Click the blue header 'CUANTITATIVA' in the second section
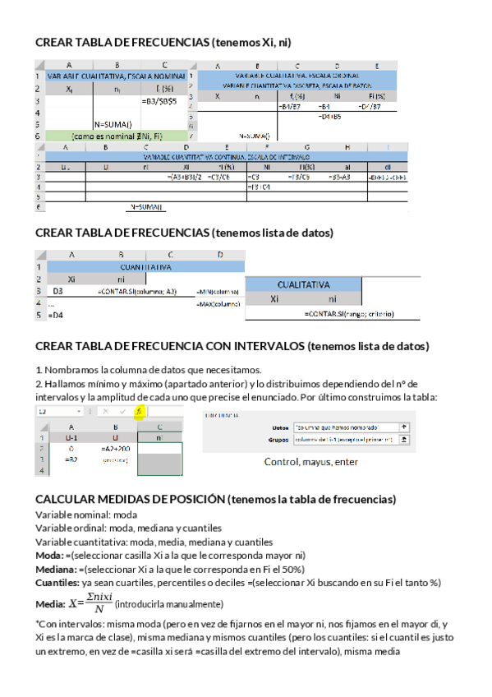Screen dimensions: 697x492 (145, 267)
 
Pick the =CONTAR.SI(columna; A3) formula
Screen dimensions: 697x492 (136, 291)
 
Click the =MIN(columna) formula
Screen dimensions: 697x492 (218, 292)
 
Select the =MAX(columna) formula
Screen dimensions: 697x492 (218, 304)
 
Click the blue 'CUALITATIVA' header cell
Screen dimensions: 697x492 (304, 284)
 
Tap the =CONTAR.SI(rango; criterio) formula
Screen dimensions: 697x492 (348, 314)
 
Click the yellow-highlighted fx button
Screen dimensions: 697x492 (140, 411)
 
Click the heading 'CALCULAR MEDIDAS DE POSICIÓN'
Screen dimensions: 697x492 (131, 500)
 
